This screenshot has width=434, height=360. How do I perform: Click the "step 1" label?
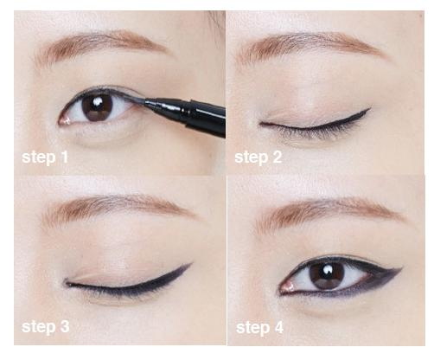click(45, 157)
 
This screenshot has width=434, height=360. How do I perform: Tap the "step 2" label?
click(258, 157)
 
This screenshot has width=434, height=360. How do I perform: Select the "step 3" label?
click(45, 327)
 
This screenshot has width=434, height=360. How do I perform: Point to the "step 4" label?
click(259, 328)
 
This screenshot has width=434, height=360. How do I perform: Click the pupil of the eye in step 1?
click(97, 107)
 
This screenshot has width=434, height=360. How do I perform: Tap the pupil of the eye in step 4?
click(327, 274)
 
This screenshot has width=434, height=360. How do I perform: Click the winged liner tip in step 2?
click(369, 109)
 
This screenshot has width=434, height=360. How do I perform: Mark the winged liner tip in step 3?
click(191, 264)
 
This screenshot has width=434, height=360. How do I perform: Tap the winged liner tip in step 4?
click(401, 268)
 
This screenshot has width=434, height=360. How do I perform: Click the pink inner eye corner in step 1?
click(64, 120)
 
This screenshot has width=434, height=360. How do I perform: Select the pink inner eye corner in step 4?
click(287, 286)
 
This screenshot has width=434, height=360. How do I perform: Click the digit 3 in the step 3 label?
click(65, 326)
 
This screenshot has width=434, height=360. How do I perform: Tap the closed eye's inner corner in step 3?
click(68, 284)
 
